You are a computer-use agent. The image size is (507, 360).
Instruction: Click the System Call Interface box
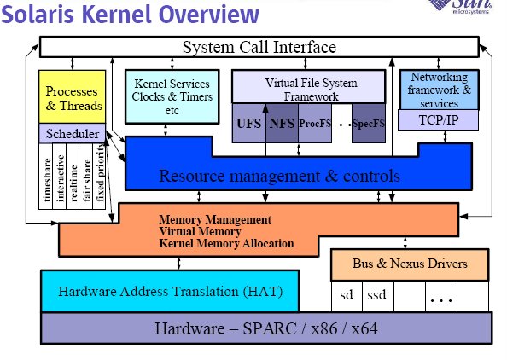click(259, 47)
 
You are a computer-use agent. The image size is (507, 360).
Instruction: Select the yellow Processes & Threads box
click(72, 96)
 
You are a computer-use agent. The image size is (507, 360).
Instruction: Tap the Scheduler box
click(72, 133)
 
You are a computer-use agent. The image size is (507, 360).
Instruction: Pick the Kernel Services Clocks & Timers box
click(172, 96)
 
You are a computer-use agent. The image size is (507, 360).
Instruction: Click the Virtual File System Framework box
click(309, 87)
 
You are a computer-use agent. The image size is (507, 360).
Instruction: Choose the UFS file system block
click(248, 123)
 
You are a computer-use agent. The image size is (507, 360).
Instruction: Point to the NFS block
click(282, 123)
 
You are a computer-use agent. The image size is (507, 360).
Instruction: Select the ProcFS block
click(315, 123)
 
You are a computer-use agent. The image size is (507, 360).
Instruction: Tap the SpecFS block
click(369, 123)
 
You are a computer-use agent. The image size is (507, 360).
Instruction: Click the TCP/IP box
click(438, 120)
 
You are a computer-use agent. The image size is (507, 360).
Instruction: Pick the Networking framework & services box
click(439, 90)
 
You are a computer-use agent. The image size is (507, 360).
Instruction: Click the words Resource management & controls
click(280, 176)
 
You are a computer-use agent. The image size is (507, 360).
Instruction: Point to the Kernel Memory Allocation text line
click(226, 243)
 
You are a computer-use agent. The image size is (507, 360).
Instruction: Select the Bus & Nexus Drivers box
click(410, 264)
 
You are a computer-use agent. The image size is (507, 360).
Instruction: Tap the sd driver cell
click(347, 295)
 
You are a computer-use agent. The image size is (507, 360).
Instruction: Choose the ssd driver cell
click(377, 295)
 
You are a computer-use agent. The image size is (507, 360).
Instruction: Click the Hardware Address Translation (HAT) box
click(170, 291)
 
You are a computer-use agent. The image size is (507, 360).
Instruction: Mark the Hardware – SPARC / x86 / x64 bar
click(266, 328)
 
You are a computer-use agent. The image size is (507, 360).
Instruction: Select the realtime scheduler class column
click(73, 177)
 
